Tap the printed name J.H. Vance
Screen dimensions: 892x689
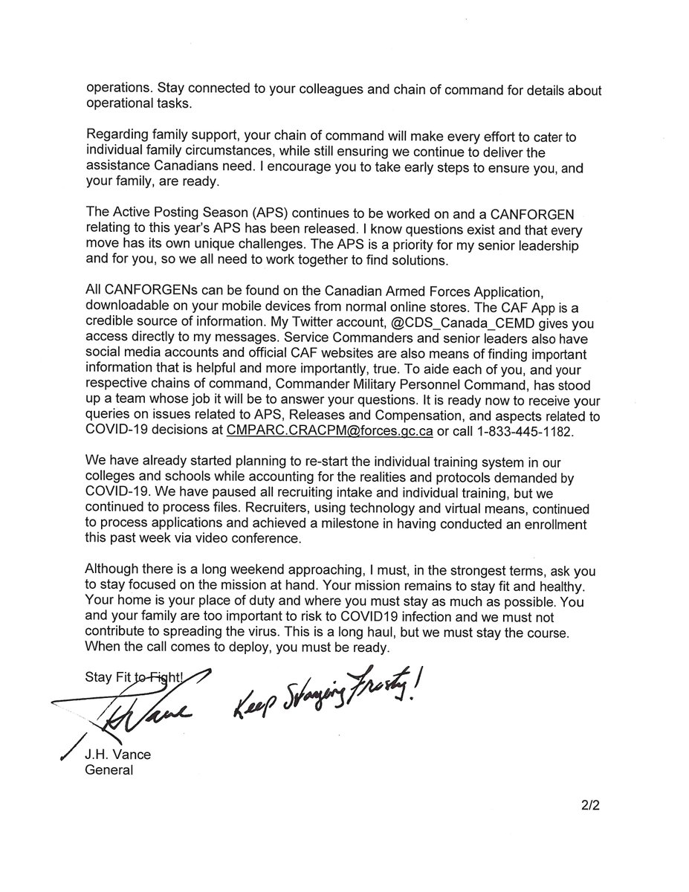(x=118, y=754)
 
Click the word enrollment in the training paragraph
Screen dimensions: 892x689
(x=541, y=525)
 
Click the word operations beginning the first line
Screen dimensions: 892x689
(x=119, y=89)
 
